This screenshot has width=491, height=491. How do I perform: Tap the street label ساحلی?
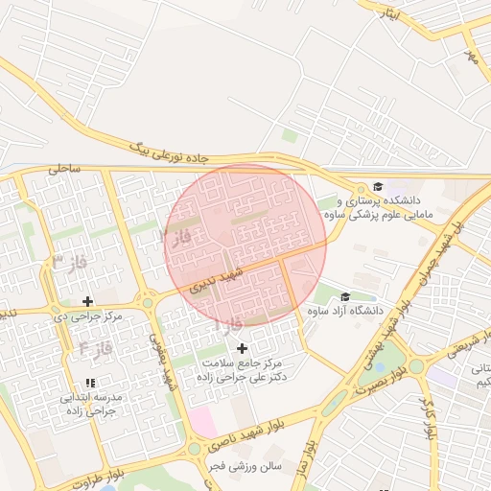tap(66, 168)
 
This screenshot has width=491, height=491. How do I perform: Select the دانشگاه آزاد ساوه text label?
tap(345, 312)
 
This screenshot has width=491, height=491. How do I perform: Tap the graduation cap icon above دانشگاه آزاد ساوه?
tap(345, 296)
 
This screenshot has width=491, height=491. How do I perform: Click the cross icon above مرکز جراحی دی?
tap(89, 301)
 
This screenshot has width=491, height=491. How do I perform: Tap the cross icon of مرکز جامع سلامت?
tap(241, 348)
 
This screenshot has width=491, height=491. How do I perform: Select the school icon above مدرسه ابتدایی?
tap(89, 383)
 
